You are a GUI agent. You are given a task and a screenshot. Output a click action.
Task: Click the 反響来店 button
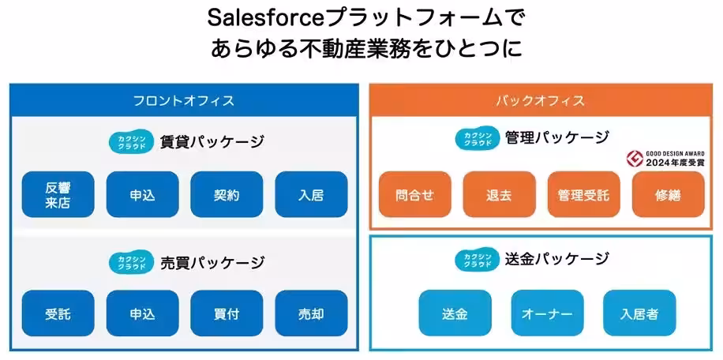(x=58, y=195)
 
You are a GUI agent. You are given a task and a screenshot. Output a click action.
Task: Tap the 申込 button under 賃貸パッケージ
(x=142, y=195)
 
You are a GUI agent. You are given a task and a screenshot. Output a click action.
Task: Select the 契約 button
(x=227, y=195)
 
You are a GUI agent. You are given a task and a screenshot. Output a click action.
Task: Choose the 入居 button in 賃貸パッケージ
(x=311, y=195)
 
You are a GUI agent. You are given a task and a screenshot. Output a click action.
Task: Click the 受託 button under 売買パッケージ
(x=58, y=313)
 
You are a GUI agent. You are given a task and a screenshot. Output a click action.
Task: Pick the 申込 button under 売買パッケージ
(x=142, y=313)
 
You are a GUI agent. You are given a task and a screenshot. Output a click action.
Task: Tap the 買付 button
(x=227, y=313)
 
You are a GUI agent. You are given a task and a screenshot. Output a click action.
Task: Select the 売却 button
(x=311, y=313)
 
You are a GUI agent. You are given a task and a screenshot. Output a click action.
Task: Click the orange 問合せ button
(x=414, y=195)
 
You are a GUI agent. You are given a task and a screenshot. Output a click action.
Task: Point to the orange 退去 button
(x=499, y=195)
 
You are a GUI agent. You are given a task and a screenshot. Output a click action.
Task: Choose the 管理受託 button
(x=583, y=195)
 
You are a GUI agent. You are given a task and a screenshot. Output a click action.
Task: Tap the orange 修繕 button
(x=668, y=195)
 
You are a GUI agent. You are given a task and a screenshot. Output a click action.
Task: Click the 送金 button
(x=455, y=313)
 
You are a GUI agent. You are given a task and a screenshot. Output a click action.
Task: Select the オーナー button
(x=547, y=313)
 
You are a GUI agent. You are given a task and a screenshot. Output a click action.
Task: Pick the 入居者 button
(x=639, y=313)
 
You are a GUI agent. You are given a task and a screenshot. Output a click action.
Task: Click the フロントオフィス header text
(x=183, y=100)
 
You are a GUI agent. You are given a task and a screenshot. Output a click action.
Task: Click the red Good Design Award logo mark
(x=632, y=158)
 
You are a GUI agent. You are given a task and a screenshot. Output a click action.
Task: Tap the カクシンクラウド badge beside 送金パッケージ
(x=476, y=259)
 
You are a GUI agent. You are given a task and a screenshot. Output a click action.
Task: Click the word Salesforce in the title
(x=257, y=17)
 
